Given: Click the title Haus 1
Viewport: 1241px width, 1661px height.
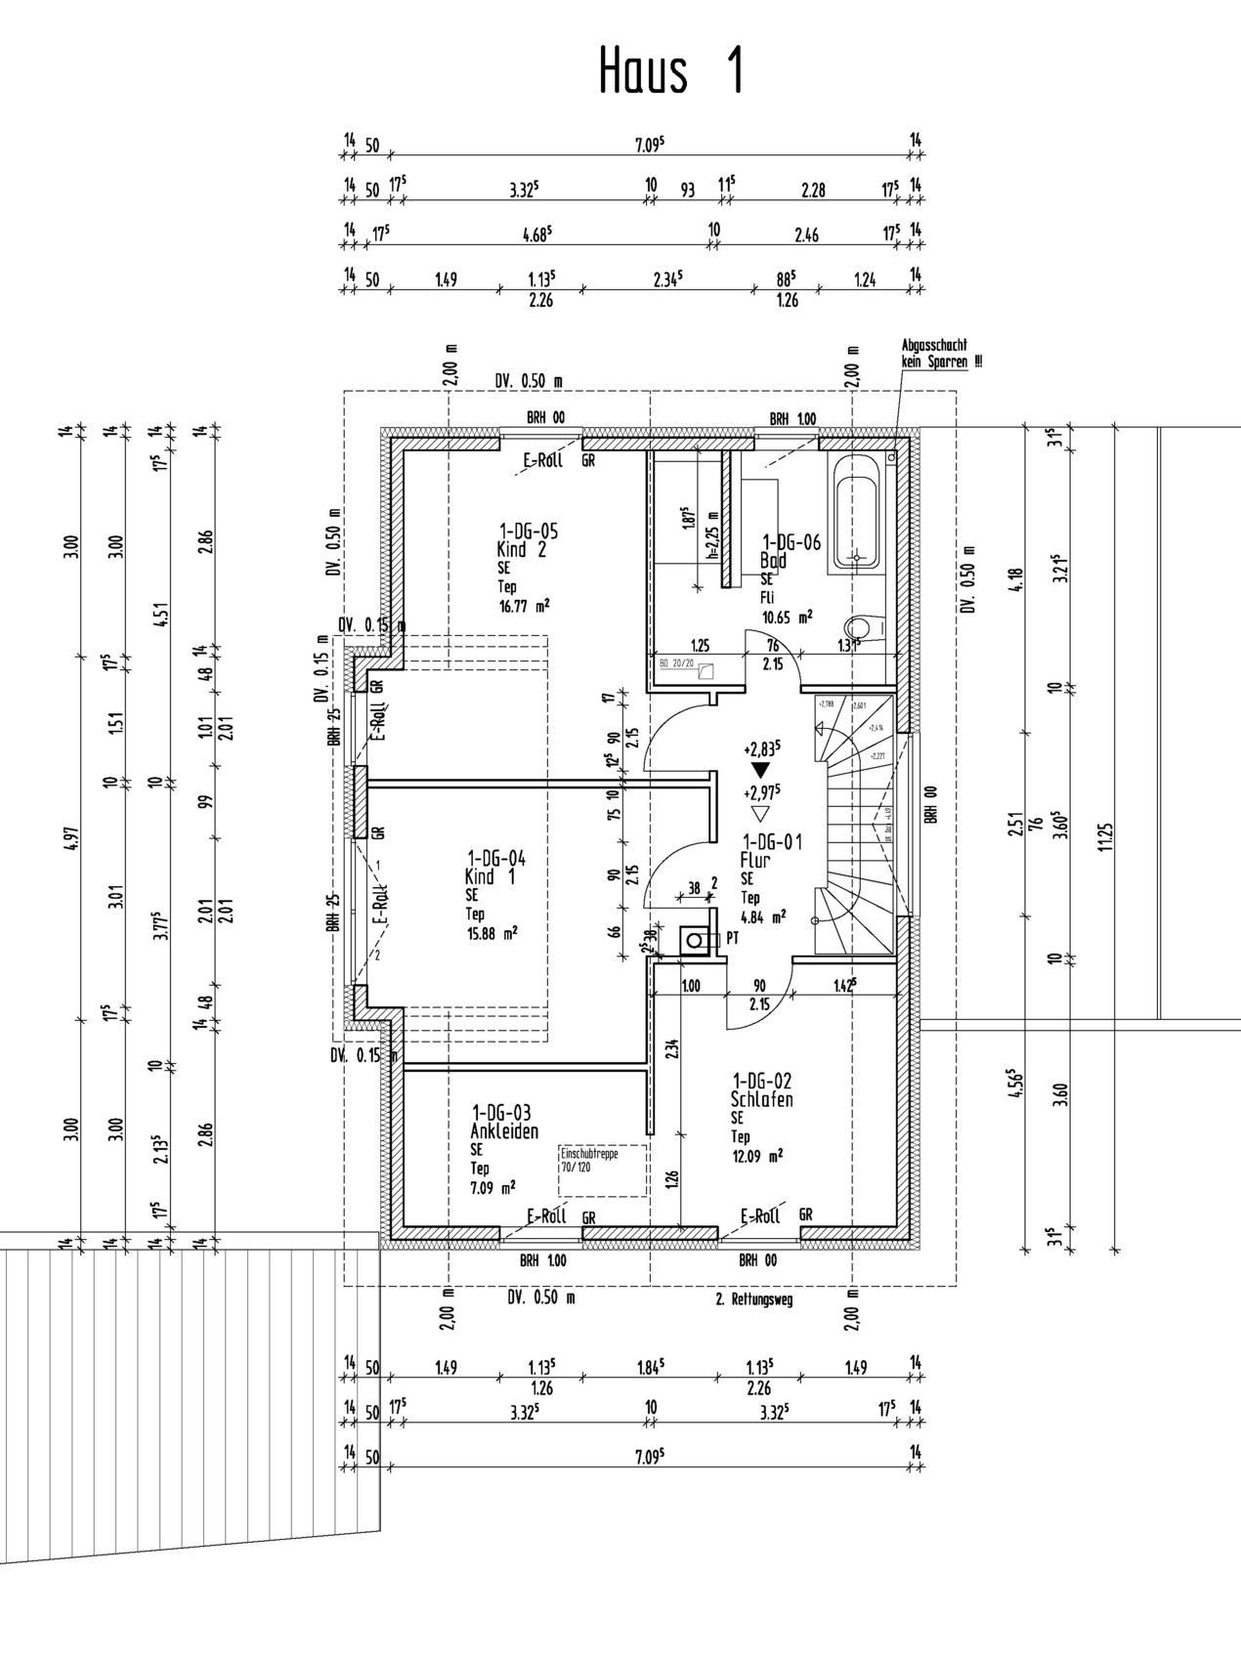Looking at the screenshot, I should click(x=672, y=71).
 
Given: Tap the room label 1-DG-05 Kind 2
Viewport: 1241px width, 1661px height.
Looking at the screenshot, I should click(x=527, y=540).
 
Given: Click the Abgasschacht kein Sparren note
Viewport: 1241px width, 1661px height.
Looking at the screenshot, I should click(x=934, y=354).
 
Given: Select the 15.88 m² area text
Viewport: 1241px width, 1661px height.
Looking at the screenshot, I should click(x=492, y=932).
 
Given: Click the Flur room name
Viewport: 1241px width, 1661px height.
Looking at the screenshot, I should click(x=755, y=861).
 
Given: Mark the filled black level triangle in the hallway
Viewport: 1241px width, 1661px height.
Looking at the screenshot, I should click(x=761, y=770).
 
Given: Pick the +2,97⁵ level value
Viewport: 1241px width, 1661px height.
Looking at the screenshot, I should click(x=761, y=791).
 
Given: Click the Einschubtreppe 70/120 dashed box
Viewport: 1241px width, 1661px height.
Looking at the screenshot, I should click(x=603, y=1170).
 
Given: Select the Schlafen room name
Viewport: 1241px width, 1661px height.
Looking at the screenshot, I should click(x=762, y=1099).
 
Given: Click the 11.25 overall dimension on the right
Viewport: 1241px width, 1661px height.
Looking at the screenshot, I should click(x=1105, y=837).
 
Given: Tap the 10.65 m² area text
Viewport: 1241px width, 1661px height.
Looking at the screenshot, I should click(x=788, y=617).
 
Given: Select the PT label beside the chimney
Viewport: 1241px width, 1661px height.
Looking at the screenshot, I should click(x=734, y=938).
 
